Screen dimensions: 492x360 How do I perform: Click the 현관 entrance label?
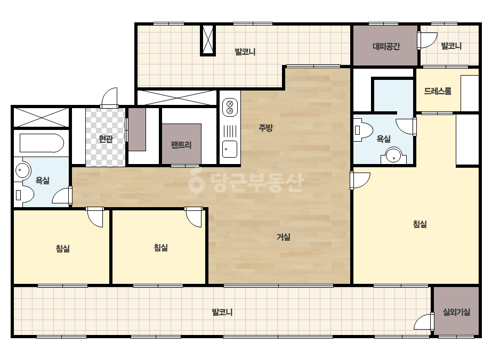(x=106, y=138)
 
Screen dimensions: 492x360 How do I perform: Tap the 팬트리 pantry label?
(x=181, y=144)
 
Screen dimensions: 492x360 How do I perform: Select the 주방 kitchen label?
(x=265, y=128)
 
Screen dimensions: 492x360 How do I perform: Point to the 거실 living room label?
(x=284, y=237)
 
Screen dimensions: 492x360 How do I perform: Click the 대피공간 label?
(x=386, y=46)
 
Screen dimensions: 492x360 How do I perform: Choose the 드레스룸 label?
(x=438, y=91)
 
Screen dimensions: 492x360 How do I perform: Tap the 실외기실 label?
(x=456, y=312)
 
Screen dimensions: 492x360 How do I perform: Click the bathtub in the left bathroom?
(x=42, y=143)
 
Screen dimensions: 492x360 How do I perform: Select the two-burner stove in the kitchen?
(x=230, y=107)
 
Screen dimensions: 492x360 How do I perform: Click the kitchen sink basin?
(x=230, y=149)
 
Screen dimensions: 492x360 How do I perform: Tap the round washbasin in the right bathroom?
(x=393, y=155)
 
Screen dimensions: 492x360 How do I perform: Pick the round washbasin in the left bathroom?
(x=22, y=170)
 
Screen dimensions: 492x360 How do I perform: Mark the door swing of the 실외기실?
(x=424, y=322)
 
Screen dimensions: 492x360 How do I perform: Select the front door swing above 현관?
(x=109, y=97)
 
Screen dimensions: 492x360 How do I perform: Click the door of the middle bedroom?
(x=193, y=216)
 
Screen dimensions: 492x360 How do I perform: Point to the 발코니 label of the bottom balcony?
(x=222, y=312)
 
